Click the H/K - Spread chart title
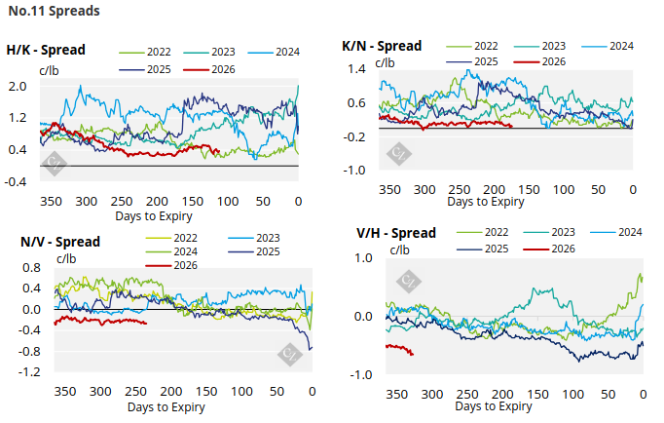coord(46,50)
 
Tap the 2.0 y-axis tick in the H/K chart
coord(18,87)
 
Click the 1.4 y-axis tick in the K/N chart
coord(354,70)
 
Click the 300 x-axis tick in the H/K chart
coord(86,201)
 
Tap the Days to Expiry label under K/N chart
coord(486,202)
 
